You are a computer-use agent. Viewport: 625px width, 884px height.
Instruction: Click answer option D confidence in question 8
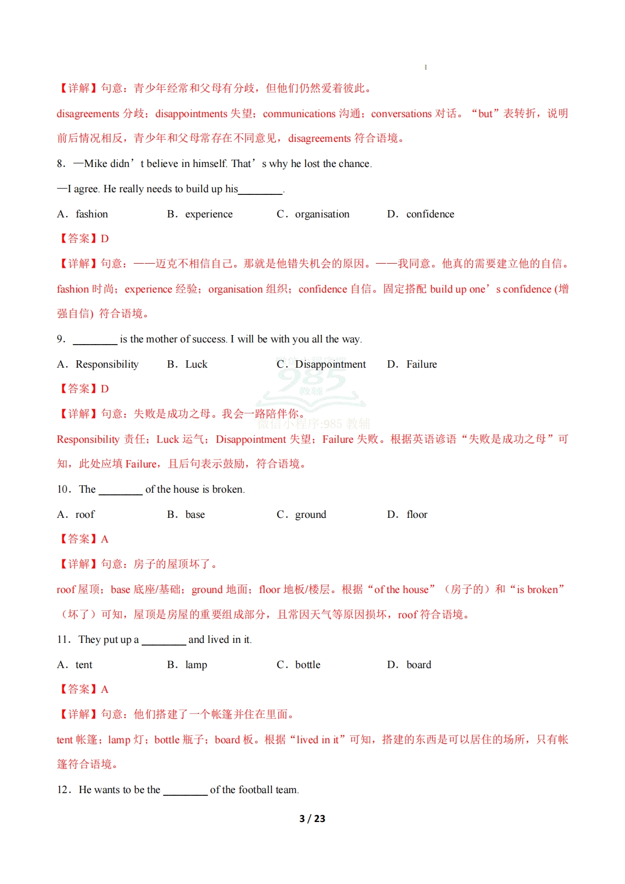[x=430, y=214]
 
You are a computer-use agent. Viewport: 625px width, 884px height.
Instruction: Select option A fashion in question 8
[x=91, y=214]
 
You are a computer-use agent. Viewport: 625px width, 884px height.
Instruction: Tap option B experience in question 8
[x=209, y=214]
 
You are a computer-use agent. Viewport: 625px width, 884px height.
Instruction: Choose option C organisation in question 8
[x=322, y=214]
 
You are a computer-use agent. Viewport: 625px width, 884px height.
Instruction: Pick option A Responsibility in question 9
[x=107, y=365]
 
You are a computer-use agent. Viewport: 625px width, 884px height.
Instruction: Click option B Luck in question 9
[x=196, y=365]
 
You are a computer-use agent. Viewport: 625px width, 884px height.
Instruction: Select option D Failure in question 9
[x=421, y=365]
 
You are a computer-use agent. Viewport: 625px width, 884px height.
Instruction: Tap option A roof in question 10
[x=85, y=515]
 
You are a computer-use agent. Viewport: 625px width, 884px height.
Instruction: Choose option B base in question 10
[x=195, y=515]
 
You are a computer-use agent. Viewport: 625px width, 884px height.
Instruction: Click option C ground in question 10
[x=310, y=515]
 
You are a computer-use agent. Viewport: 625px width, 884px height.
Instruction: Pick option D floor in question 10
[x=416, y=515]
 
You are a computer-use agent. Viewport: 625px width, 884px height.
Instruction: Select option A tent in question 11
[x=84, y=665]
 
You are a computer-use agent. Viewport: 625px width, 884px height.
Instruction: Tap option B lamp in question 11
[x=196, y=665]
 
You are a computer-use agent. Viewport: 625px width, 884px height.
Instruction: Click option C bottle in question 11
[x=307, y=665]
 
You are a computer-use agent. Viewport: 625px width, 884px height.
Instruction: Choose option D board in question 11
[x=419, y=665]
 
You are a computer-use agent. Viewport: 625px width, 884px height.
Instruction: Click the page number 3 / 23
[x=312, y=818]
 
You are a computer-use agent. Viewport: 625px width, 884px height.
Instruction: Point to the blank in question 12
[x=185, y=791]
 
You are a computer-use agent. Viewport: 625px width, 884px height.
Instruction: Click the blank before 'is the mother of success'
[x=95, y=340]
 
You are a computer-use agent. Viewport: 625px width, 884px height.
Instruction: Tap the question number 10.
[x=63, y=490]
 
